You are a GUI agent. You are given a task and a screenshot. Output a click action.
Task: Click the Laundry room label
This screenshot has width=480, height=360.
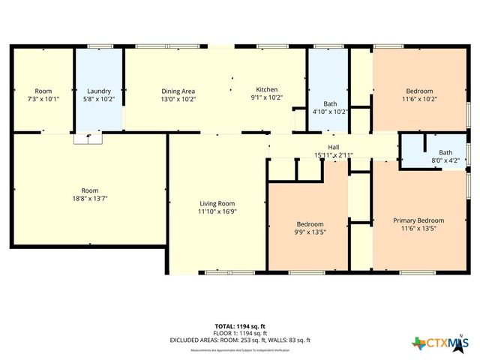click(x=99, y=90)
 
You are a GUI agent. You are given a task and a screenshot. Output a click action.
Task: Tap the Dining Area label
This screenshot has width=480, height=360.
click(x=178, y=90)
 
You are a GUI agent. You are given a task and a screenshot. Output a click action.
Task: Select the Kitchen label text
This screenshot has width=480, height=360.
click(x=266, y=88)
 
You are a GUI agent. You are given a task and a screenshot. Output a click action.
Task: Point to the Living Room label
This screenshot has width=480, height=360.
click(x=217, y=203)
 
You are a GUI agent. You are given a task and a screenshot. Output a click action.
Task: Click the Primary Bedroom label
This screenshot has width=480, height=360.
click(x=418, y=220)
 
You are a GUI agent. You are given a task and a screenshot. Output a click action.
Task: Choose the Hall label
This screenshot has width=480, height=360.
click(x=334, y=147)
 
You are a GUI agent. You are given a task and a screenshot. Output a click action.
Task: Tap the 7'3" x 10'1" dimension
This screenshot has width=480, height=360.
click(x=43, y=98)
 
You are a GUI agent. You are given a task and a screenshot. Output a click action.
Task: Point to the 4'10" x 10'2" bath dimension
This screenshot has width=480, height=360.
click(x=330, y=112)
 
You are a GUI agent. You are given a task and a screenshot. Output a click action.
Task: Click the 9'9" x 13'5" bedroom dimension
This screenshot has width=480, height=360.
click(x=310, y=232)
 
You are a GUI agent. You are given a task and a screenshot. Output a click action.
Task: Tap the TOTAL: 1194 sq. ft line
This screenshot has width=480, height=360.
click(x=241, y=326)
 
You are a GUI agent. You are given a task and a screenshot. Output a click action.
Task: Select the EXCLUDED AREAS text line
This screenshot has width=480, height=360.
click(x=241, y=340)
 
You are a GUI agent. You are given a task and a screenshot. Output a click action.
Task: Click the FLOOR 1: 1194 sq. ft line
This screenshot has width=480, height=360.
click(x=241, y=333)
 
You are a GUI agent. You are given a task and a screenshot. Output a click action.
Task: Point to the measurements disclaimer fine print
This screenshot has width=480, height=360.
click(x=241, y=350)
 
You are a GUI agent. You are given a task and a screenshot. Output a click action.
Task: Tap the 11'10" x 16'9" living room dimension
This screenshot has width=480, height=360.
click(x=217, y=212)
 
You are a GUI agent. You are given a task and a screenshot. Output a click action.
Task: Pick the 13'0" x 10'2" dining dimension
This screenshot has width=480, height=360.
click(x=178, y=98)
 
